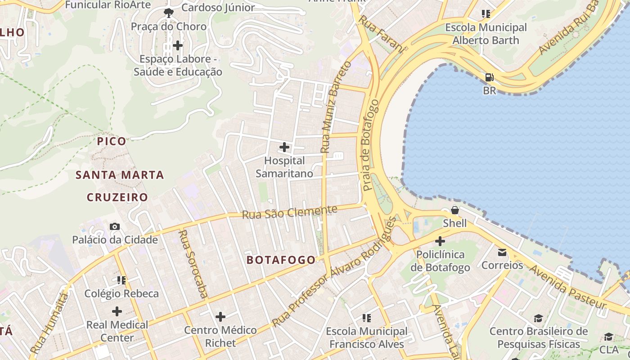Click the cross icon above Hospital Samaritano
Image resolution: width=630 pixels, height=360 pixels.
click(284, 147)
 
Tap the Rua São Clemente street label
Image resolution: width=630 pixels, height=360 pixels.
click(289, 212)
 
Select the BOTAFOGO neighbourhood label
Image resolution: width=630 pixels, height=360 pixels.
click(281, 260)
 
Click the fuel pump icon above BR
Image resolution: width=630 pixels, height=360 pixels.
click(489, 77)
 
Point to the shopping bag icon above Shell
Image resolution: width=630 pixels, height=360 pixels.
click(455, 210)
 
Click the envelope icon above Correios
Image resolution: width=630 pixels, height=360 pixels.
click(502, 252)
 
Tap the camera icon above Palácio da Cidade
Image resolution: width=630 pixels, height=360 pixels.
click(115, 226)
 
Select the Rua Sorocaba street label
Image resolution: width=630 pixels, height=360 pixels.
click(193, 264)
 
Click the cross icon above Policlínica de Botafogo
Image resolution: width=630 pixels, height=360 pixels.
click(440, 241)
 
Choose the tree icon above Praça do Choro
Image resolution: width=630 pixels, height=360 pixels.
click(169, 13)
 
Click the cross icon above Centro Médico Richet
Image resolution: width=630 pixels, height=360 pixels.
click(220, 317)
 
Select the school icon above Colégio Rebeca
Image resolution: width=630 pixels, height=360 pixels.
click(121, 280)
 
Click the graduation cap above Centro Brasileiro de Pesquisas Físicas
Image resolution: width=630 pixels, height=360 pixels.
click(538, 319)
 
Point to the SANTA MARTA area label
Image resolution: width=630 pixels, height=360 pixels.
click(120, 175)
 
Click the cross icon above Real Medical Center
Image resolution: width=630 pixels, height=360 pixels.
click(117, 311)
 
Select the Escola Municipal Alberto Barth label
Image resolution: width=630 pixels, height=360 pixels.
click(486, 34)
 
